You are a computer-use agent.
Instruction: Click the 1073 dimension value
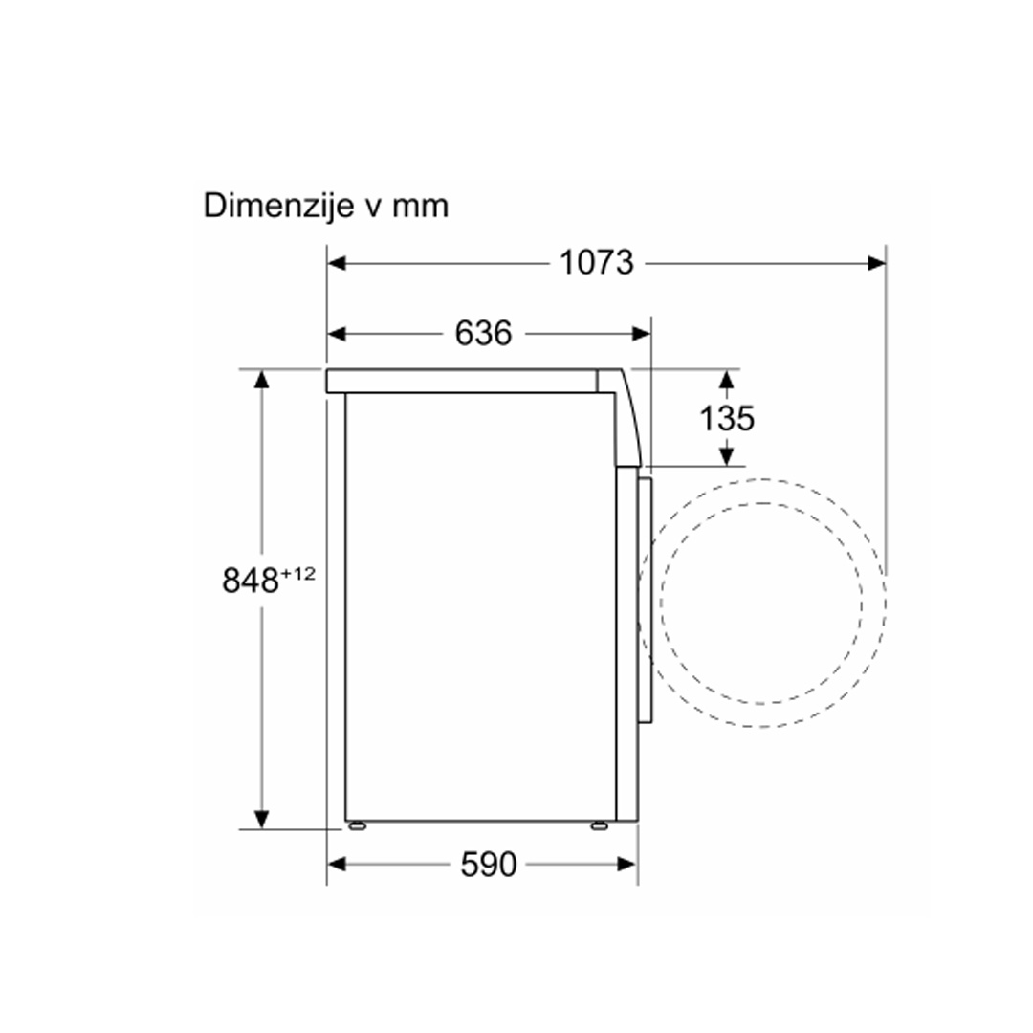point(596,262)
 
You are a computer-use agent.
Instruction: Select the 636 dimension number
point(483,333)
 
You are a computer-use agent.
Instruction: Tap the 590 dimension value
point(488,864)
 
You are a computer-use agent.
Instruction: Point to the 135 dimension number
point(727,418)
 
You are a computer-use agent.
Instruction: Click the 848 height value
point(251,581)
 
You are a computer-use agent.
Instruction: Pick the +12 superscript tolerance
point(298,574)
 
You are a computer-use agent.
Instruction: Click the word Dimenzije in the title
point(278,207)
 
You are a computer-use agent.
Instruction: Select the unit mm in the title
point(420,207)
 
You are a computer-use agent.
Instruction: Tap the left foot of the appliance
point(357,825)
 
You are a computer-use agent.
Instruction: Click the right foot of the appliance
point(600,825)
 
